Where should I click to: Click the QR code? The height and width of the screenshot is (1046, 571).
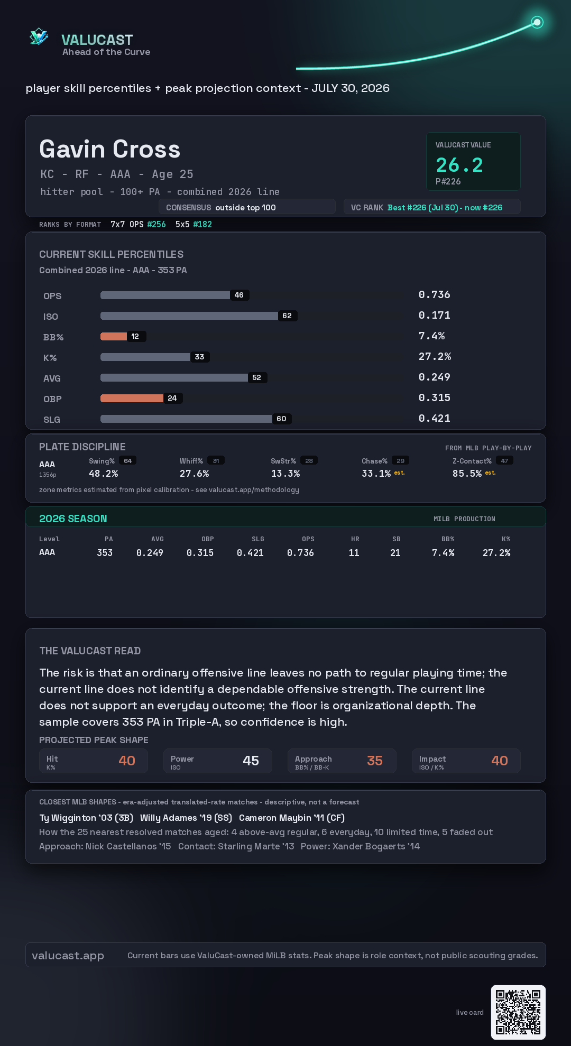[x=518, y=1012]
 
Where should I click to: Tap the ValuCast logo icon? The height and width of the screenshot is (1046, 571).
[x=39, y=36]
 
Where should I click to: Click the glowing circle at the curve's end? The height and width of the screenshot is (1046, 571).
[x=537, y=22]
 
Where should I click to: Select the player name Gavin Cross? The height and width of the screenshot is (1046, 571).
[x=110, y=149]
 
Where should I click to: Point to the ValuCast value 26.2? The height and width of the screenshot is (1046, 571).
[x=459, y=165]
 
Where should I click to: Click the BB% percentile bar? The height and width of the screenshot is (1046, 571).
[x=114, y=336]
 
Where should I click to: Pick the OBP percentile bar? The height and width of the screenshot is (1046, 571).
[x=132, y=398]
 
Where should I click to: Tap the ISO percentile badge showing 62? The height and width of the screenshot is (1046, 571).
[x=287, y=316]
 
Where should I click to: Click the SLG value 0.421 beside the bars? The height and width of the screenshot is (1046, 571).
[x=435, y=418]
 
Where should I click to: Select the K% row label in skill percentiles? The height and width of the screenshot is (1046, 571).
[x=50, y=358]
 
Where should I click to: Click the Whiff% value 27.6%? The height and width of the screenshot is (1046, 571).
[x=195, y=474]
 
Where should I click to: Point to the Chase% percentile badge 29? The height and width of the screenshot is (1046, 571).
[x=400, y=461]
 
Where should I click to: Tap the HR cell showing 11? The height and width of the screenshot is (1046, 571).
[x=354, y=553]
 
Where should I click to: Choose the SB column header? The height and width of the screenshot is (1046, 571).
[x=397, y=539]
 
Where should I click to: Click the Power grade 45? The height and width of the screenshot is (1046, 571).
[x=251, y=761]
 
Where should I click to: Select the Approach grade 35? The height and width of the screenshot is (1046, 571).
[x=375, y=761]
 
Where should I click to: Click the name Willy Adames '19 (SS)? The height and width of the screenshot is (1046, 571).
[x=186, y=818]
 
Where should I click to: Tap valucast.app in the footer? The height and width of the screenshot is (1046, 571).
[x=68, y=956]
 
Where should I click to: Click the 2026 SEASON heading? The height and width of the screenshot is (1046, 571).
[x=73, y=519]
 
